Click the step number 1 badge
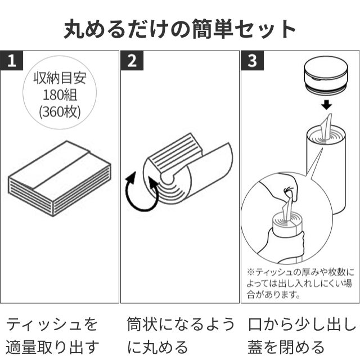(x=11, y=60)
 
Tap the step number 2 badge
(x=132, y=60)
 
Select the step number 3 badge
(x=252, y=60)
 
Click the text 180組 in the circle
(x=60, y=94)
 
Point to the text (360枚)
(x=60, y=111)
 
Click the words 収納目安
(x=60, y=78)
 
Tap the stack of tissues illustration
(x=60, y=179)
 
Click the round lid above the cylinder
(x=326, y=75)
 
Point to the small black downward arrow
(x=326, y=105)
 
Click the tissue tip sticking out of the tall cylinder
(x=327, y=126)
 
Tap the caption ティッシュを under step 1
(x=52, y=324)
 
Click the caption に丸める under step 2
(x=157, y=346)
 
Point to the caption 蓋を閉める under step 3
(x=286, y=346)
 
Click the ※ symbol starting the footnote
(x=251, y=272)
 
